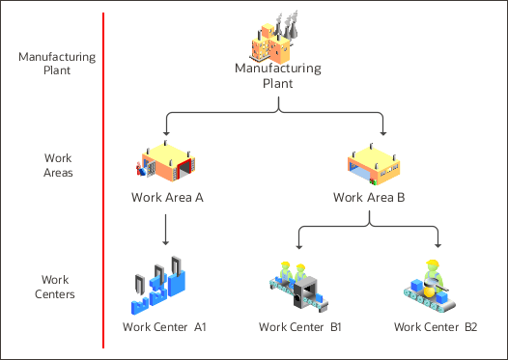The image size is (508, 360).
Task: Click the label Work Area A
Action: pos(166,198)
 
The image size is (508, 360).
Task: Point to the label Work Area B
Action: pos(368,198)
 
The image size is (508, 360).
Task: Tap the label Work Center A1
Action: pos(165,327)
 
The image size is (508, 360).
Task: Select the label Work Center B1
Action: pos(300,327)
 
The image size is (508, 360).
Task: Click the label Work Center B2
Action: pos(436,327)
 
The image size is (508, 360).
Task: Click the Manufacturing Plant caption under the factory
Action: pos(277,75)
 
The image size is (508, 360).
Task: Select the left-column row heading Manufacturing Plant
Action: pos(57,63)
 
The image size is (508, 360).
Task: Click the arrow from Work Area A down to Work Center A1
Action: pos(167,230)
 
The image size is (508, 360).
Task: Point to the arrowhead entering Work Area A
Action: pos(167,130)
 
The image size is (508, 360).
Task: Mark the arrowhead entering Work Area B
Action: pos(384,130)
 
